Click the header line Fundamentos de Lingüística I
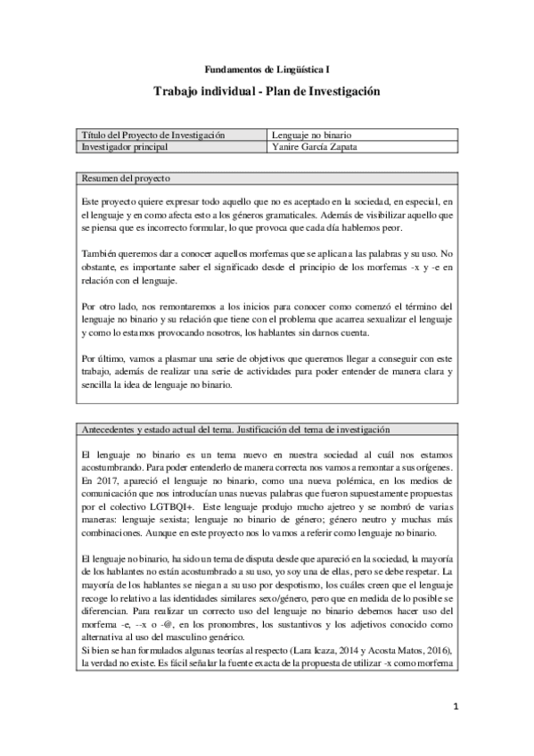[267, 68]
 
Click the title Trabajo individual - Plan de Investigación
[267, 91]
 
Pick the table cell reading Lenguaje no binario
[316, 135]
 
